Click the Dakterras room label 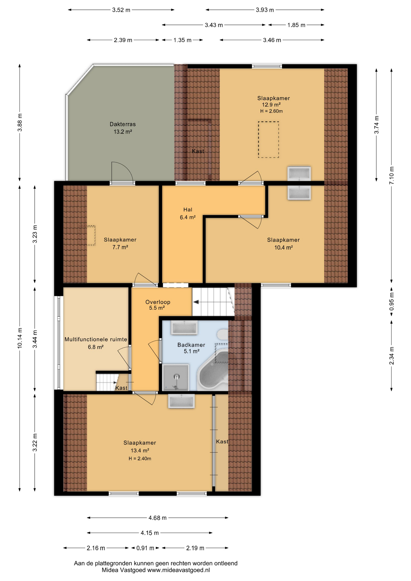(123, 124)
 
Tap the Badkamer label (191, 345)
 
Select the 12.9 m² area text (271, 105)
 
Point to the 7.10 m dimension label (392, 176)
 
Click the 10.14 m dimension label (20, 338)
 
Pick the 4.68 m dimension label (157, 518)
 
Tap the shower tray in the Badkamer (176, 378)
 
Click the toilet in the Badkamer (223, 335)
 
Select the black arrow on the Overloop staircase (196, 302)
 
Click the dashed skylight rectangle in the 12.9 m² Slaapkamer (268, 140)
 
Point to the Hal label (188, 209)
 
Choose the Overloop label (158, 302)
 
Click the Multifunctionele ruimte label (96, 340)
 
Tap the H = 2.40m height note (140, 458)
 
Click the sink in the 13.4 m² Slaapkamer (181, 401)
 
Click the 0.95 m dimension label (392, 301)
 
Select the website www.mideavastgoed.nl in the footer (179, 570)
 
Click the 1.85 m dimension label (296, 25)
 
